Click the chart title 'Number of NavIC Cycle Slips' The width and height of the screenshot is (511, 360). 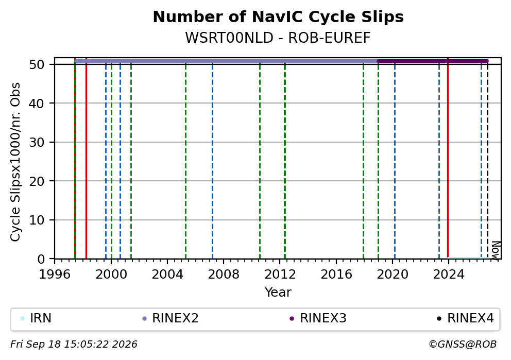click(x=278, y=17)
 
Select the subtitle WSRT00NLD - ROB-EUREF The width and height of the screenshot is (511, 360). click(x=278, y=38)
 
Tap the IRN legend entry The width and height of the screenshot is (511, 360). click(x=36, y=318)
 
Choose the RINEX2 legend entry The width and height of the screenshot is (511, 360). click(x=171, y=318)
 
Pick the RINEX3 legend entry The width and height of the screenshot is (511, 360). click(x=318, y=318)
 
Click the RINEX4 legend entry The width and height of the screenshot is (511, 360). click(x=466, y=318)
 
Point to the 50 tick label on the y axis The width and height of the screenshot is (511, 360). click(x=37, y=64)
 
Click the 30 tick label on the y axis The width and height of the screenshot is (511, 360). click(x=37, y=142)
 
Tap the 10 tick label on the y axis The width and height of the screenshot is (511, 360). click(x=37, y=220)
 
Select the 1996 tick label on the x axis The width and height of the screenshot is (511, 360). click(x=55, y=275)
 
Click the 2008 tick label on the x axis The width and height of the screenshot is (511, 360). click(x=224, y=275)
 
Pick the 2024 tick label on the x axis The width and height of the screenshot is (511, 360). click(x=449, y=275)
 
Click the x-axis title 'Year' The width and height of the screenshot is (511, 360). click(x=278, y=292)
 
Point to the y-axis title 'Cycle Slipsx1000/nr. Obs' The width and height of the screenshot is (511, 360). click(x=15, y=162)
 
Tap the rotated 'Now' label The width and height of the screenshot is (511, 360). click(x=496, y=250)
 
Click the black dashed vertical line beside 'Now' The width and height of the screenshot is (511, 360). click(x=487, y=160)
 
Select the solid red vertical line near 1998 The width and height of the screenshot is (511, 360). click(x=86, y=160)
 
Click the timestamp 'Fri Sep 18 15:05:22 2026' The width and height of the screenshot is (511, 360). click(x=74, y=345)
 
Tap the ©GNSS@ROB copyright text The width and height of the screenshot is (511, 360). click(x=463, y=345)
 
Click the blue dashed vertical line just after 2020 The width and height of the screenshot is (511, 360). click(x=395, y=160)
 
